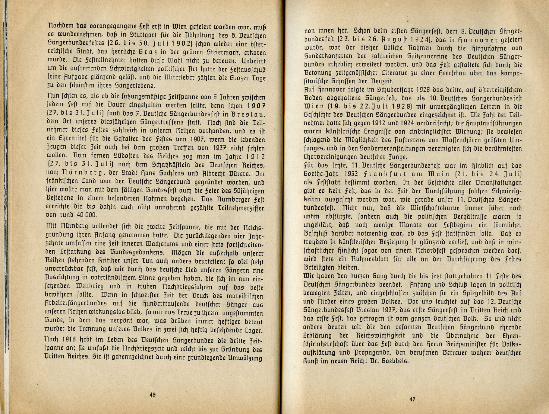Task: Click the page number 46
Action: coord(152,394)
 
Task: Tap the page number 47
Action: coord(412,399)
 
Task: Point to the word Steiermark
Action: coord(218,53)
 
